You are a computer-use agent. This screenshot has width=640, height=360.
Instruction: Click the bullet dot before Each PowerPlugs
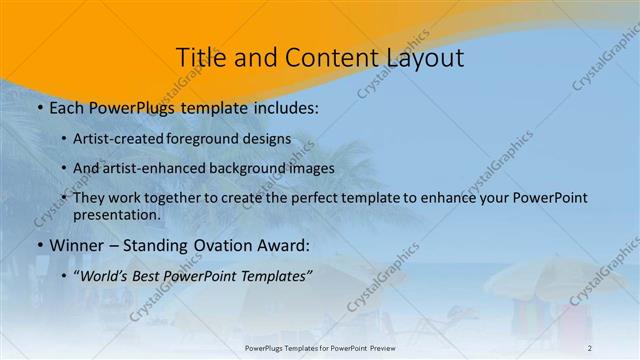click(x=39, y=107)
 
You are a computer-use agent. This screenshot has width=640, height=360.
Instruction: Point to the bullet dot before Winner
click(x=39, y=246)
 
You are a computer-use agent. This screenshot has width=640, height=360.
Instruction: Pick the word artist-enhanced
click(x=151, y=169)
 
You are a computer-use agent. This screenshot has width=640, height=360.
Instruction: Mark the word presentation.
click(x=117, y=215)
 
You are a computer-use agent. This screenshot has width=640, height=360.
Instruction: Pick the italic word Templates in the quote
click(x=275, y=276)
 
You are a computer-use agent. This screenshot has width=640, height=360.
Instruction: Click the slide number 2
click(x=590, y=348)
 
